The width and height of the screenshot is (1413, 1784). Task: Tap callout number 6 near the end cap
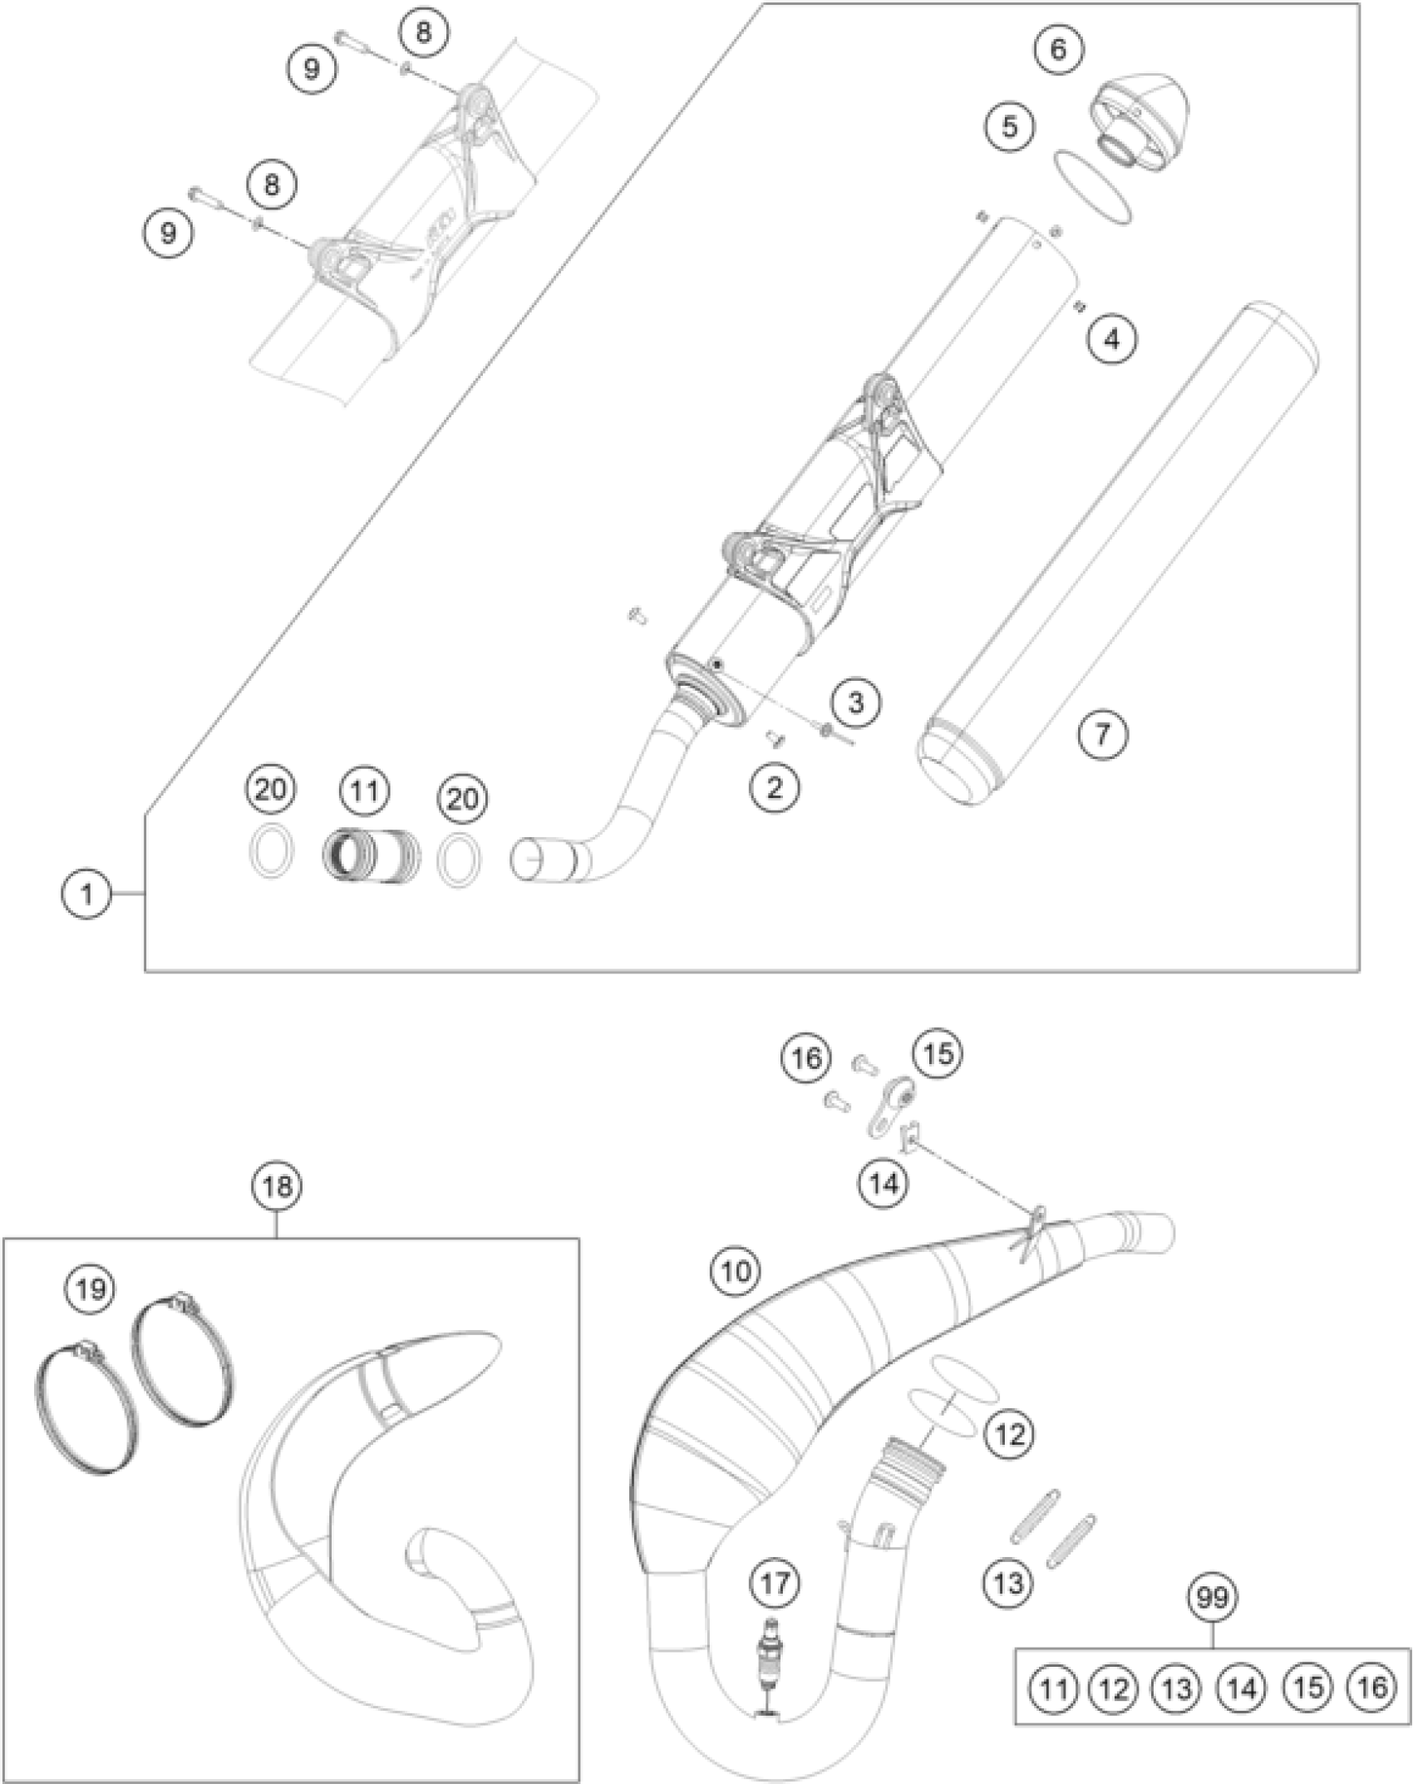(x=1057, y=49)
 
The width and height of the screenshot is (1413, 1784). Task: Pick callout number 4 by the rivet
(x=1112, y=338)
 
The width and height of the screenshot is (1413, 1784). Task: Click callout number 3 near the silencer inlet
(x=855, y=702)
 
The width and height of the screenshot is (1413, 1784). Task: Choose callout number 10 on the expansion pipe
(x=736, y=1272)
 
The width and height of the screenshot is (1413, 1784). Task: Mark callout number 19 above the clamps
(x=91, y=1289)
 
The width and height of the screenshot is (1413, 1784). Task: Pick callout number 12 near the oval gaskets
(x=1009, y=1434)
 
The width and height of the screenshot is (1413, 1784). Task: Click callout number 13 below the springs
(x=1008, y=1583)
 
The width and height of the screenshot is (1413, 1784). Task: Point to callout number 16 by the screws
(x=806, y=1058)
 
